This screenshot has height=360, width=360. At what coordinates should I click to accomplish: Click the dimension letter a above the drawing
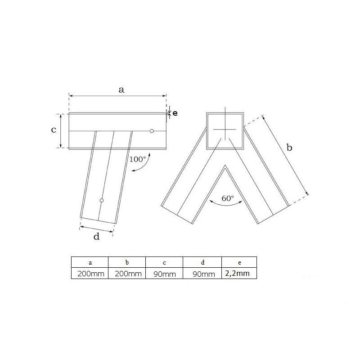[x=121, y=90]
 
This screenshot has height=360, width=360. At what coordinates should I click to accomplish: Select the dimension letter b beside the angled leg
[x=289, y=148]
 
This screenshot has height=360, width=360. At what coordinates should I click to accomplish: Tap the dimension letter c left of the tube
[x=53, y=130]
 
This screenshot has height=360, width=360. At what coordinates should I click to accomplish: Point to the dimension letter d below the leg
[x=96, y=237]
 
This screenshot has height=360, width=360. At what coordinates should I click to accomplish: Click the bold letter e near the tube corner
[x=175, y=113]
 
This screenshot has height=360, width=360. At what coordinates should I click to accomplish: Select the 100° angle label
[x=137, y=159]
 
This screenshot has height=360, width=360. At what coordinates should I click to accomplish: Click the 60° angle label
[x=228, y=198]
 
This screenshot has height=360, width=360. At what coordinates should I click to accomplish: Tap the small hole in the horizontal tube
[x=152, y=131]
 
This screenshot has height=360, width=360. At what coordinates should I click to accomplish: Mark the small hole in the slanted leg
[x=102, y=200]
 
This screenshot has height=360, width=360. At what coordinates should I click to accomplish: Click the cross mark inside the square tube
[x=225, y=130]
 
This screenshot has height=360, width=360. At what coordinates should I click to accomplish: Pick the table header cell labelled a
[x=90, y=262]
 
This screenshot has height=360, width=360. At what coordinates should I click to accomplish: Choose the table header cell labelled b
[x=127, y=262]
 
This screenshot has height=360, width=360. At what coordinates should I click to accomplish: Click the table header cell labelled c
[x=164, y=262]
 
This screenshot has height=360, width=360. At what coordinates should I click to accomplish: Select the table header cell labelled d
[x=202, y=262]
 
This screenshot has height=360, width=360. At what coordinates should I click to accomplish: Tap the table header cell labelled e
[x=239, y=262]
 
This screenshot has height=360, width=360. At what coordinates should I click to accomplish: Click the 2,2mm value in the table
[x=239, y=273]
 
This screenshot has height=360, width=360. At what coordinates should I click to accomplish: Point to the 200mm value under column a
[x=90, y=274]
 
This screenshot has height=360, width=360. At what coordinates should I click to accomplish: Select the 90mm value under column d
[x=202, y=274]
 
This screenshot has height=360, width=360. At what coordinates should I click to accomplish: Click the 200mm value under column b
[x=127, y=274]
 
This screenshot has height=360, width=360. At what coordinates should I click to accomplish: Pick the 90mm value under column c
[x=164, y=274]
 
